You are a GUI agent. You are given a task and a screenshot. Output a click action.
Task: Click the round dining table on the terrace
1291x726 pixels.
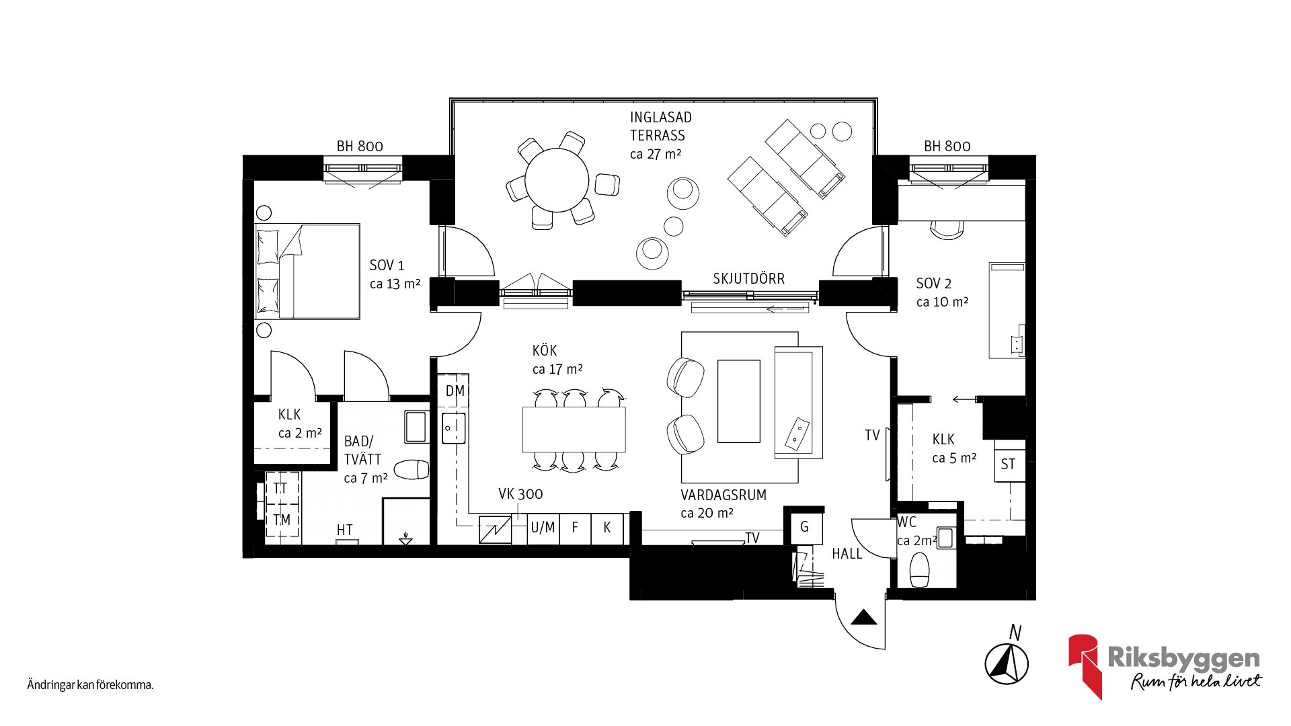[x=557, y=180]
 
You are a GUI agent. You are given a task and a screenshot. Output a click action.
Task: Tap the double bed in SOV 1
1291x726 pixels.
[x=307, y=271]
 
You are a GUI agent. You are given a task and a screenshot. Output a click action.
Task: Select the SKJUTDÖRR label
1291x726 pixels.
[x=748, y=278]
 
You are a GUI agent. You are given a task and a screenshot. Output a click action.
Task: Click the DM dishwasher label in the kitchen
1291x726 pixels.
[x=455, y=391]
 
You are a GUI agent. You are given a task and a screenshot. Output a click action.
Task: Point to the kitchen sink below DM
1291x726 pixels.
[x=454, y=428]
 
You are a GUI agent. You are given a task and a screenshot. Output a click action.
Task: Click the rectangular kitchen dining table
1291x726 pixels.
[x=574, y=429]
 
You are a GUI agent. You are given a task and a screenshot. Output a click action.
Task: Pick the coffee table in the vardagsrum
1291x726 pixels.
[x=738, y=401]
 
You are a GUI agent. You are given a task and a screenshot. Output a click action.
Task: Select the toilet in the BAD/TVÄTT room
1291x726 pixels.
[x=412, y=469]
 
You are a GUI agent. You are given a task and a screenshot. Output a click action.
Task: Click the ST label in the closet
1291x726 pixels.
[x=1008, y=465]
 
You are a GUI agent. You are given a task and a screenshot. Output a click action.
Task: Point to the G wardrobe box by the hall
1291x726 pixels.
[x=804, y=527]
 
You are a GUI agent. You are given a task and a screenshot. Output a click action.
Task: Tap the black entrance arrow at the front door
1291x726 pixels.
[x=864, y=617]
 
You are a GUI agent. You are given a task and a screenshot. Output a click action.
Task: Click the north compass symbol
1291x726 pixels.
[x=1007, y=663]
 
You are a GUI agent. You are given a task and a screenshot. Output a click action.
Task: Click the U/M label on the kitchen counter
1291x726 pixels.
[x=543, y=528]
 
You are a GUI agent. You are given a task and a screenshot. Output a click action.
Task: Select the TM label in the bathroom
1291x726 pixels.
[x=282, y=520]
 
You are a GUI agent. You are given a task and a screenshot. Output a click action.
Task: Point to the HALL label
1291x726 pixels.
[x=847, y=554]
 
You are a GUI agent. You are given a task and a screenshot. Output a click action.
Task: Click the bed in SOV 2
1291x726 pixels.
[x=1007, y=310]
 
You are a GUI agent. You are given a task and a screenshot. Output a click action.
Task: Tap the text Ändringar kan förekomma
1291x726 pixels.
[x=90, y=685]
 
